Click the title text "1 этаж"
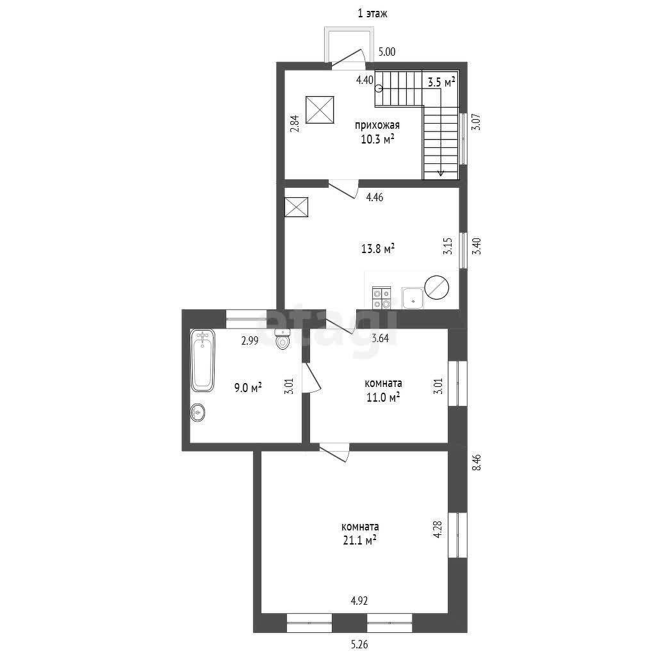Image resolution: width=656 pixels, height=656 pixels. pos(372,14)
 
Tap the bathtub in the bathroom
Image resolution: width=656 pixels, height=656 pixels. pos(203,360)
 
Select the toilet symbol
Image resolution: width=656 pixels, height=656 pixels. pos(283,339)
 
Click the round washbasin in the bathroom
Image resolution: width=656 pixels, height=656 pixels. pos(197,412)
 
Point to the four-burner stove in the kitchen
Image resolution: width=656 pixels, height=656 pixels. pos(382,298)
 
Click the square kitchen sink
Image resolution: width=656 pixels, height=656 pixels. pos(413,299)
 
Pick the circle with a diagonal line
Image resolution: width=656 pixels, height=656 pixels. pos(436,288)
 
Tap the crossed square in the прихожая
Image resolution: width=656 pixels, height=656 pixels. pos(320,110)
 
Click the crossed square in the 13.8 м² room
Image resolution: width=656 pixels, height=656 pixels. pos(296,207)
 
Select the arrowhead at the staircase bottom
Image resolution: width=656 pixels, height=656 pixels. pos(441,173)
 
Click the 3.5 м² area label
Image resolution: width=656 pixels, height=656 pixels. pos(441,82)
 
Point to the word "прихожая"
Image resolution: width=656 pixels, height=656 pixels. pos(377,125)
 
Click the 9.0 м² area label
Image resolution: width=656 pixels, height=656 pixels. pos(248,388)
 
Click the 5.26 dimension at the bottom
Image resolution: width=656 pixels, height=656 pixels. pos(359,644)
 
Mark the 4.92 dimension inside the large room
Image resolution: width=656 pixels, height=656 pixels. pos(359,601)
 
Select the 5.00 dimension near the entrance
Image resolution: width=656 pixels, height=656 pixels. pos(386,52)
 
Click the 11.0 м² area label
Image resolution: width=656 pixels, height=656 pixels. pos(383,397)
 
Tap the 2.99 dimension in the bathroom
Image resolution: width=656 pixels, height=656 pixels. pos(250,341)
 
